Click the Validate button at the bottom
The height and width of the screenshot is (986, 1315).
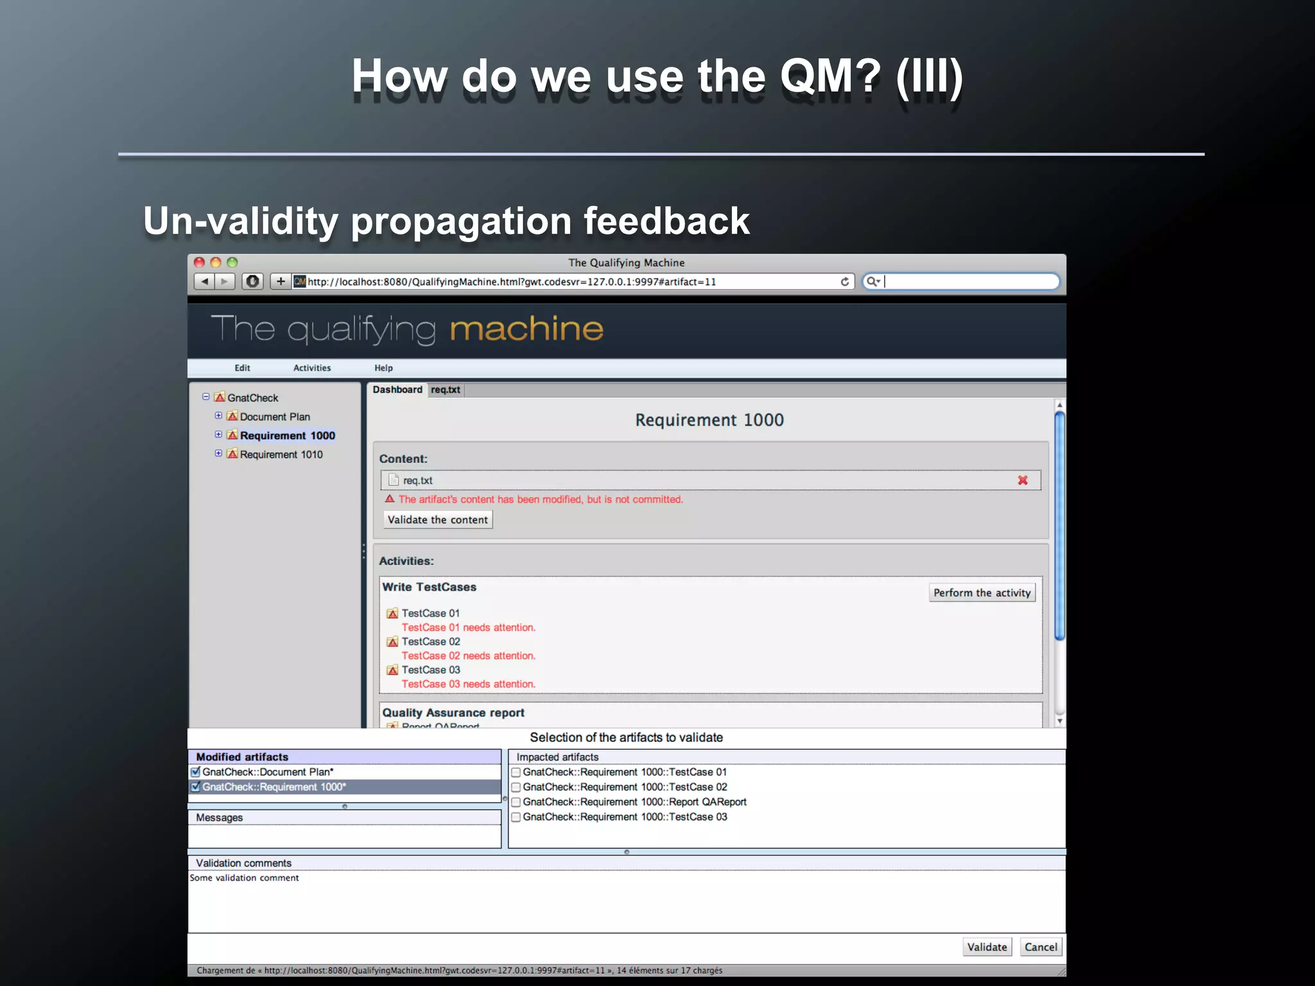click(x=987, y=947)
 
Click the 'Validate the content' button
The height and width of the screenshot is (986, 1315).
click(x=437, y=519)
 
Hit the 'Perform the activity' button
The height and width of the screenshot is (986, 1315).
click(x=981, y=592)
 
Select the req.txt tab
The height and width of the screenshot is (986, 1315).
click(x=446, y=390)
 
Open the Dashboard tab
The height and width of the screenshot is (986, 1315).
click(x=397, y=390)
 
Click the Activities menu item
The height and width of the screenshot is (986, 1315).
click(x=312, y=368)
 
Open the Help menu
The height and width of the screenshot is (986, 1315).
click(x=383, y=368)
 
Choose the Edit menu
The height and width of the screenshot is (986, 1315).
click(x=242, y=368)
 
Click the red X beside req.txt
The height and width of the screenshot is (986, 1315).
click(x=1023, y=480)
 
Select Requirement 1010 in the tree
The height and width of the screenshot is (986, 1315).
click(x=281, y=454)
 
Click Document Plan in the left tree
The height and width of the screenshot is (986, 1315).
click(x=275, y=417)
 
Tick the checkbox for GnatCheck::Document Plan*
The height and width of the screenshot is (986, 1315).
click(x=196, y=772)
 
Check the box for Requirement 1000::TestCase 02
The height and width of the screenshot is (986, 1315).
click(x=516, y=787)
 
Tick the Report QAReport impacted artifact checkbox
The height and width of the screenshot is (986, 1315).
click(x=516, y=802)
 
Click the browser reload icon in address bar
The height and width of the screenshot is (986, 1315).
click(x=845, y=282)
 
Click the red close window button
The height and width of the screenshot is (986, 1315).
click(x=199, y=262)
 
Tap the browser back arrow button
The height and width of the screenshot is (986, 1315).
click(x=204, y=281)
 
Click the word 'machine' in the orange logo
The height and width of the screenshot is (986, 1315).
click(x=527, y=329)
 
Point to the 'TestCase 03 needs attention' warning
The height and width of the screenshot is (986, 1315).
click(x=468, y=684)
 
